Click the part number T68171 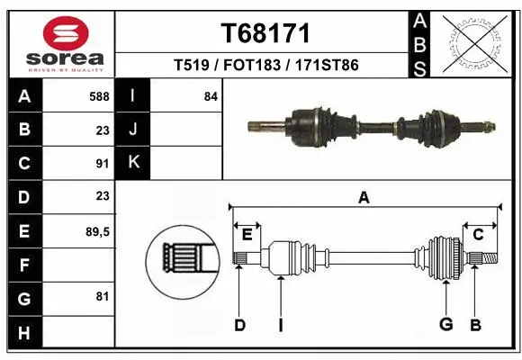pos(265,33)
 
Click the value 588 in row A pos(100,96)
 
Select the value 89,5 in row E pos(97,230)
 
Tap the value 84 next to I pos(211,96)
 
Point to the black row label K pos(134,163)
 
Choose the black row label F pos(23,265)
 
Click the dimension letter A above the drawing pos(364,198)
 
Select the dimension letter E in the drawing pos(247,235)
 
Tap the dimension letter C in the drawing pos(479,235)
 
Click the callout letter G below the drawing pos(445,324)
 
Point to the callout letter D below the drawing pos(239,324)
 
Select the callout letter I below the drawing pos(281,324)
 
